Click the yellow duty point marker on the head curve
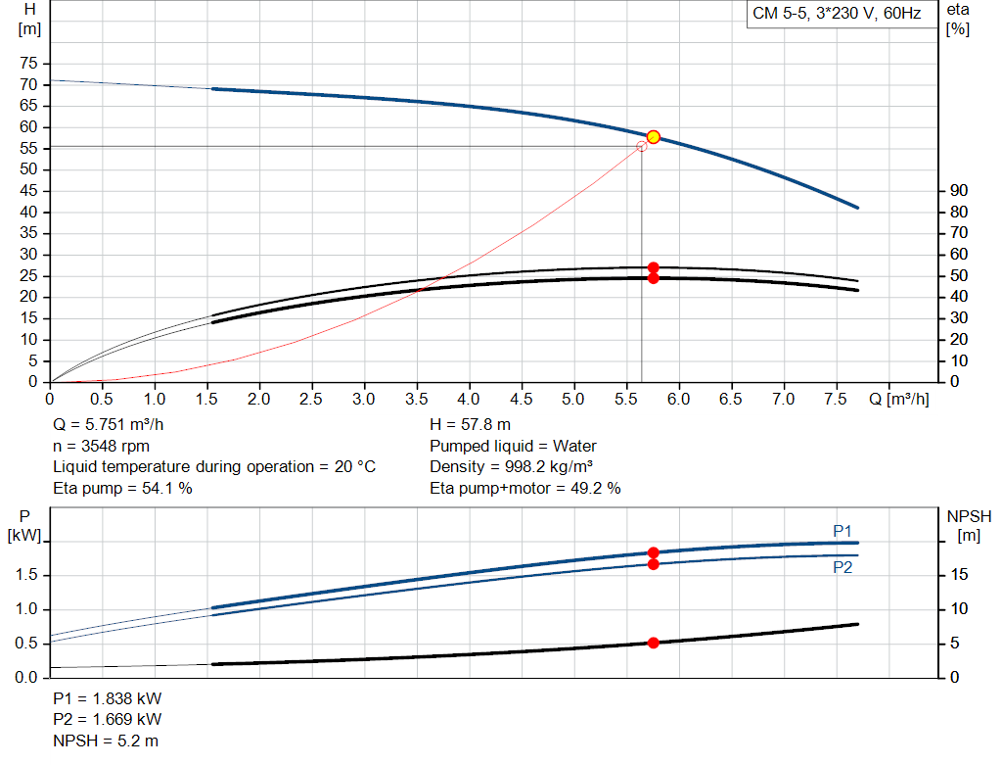click(653, 137)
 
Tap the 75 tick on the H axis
click(29, 64)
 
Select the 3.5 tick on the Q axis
click(416, 399)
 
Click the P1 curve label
click(843, 531)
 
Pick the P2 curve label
click(843, 567)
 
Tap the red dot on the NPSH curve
click(653, 643)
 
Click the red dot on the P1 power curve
click(653, 552)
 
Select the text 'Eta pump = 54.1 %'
click(122, 488)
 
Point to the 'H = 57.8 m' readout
click(471, 424)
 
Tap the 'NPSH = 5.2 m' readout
click(106, 741)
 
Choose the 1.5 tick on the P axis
click(29, 575)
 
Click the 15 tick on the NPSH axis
click(959, 575)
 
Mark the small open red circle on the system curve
click(642, 146)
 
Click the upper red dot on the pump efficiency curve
click(653, 267)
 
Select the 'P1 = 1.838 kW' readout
click(107, 699)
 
